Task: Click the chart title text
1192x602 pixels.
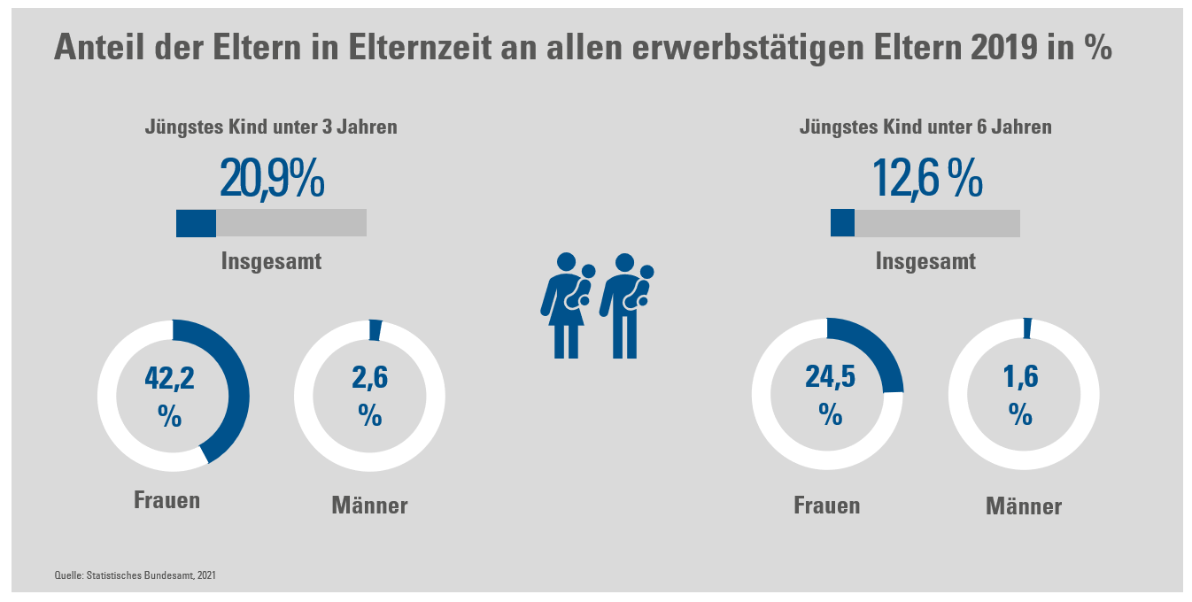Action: [x=583, y=48]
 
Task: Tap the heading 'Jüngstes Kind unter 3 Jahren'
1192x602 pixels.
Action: [x=271, y=127]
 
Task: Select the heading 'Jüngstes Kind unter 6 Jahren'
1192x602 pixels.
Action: [x=925, y=127]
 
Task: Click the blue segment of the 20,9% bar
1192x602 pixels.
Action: [x=196, y=223]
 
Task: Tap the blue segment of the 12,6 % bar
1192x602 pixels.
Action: [x=842, y=223]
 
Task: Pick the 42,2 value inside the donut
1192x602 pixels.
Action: [x=169, y=380]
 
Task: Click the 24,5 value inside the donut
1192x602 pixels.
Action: [x=829, y=377]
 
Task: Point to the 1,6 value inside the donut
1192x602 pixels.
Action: [x=1021, y=377]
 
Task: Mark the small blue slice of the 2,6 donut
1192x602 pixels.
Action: [x=375, y=329]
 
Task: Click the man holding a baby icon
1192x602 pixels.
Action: [x=627, y=306]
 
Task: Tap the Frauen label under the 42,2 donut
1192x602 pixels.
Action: [x=166, y=500]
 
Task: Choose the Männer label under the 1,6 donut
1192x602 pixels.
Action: [x=1023, y=507]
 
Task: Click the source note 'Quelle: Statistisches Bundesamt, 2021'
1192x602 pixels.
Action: [x=135, y=576]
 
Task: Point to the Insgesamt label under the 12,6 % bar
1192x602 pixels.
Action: [x=925, y=262]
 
